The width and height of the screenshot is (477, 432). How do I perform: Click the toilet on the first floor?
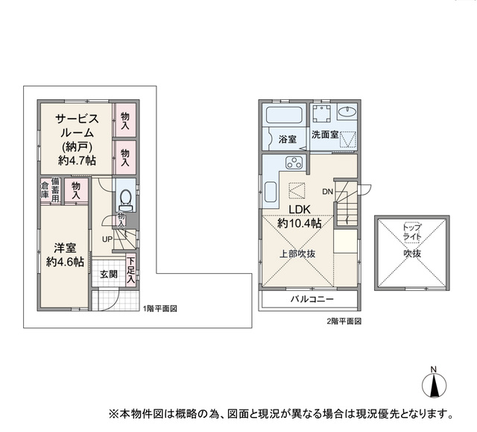(x=125, y=200)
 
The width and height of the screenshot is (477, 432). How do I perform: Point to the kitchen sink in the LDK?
(x=271, y=192)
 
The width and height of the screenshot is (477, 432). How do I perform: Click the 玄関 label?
(x=109, y=275)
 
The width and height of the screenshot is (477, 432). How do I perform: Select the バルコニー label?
(x=312, y=299)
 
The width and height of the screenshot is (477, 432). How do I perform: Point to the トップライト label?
(x=412, y=232)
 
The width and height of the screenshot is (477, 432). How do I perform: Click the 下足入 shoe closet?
(x=131, y=270)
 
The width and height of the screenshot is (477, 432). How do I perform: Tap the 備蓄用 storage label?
(x=55, y=190)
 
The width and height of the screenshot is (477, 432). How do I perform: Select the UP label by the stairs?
(x=107, y=240)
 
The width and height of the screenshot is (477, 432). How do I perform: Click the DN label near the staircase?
(x=328, y=192)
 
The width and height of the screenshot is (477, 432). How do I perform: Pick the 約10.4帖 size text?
(x=300, y=223)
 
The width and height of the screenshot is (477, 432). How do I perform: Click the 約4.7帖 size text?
(x=77, y=160)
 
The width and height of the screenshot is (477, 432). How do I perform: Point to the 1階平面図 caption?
(x=160, y=309)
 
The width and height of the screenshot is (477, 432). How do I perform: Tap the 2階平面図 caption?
(x=344, y=321)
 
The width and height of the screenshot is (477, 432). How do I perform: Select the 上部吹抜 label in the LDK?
(x=297, y=254)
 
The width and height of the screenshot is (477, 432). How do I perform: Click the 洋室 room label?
(x=65, y=248)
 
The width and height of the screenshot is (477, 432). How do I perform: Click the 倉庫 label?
(x=45, y=190)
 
